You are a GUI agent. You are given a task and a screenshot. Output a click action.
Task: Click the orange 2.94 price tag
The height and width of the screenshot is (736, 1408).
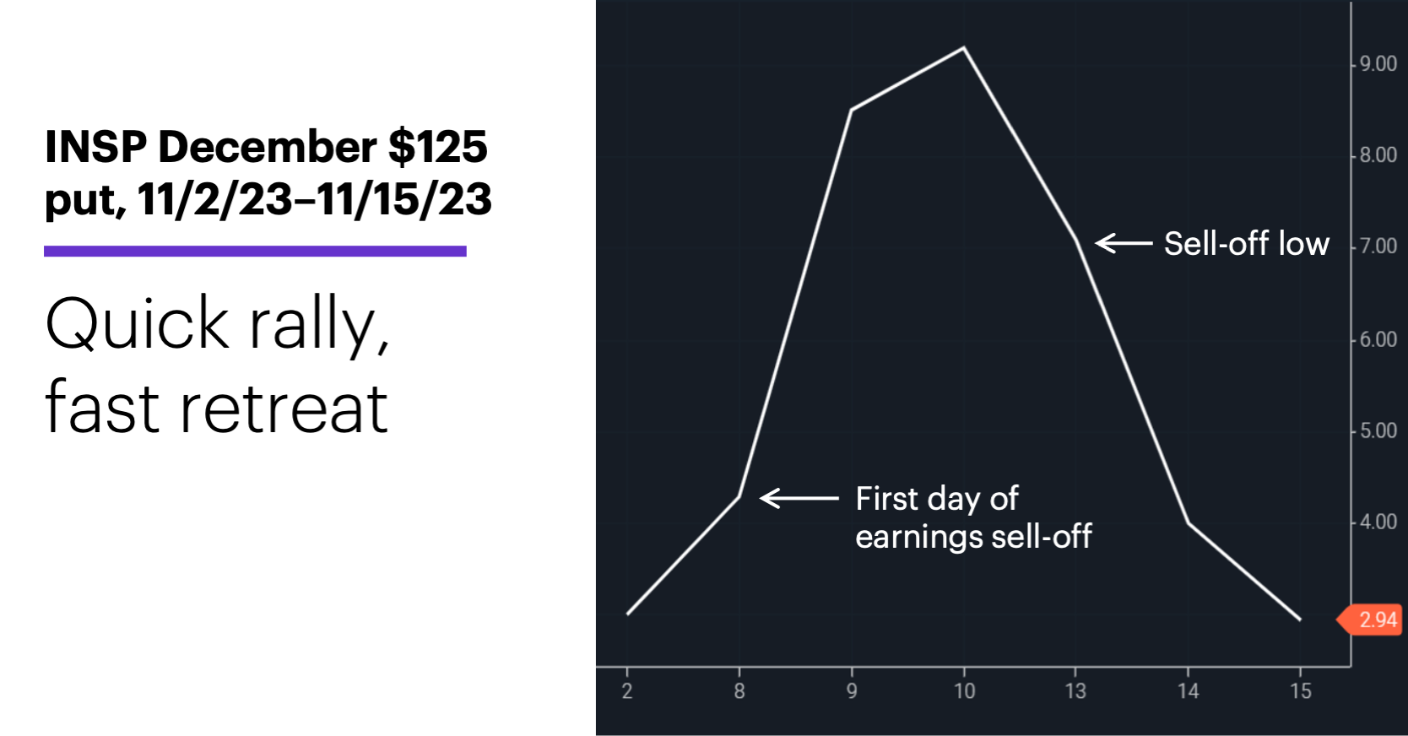(x=1370, y=620)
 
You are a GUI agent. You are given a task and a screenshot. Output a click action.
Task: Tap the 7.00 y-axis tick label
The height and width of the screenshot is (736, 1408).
(x=1378, y=246)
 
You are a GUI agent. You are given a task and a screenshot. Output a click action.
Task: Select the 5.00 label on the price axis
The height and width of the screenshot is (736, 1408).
(x=1378, y=430)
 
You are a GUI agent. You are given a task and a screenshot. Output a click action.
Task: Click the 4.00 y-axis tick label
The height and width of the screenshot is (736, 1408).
(x=1378, y=522)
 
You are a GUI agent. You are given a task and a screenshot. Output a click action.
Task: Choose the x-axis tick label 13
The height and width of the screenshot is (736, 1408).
(x=1075, y=690)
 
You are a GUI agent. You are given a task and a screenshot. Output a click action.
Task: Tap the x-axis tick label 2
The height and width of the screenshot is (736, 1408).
(x=626, y=690)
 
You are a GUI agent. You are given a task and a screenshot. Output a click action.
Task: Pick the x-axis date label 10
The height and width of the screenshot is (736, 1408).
(x=964, y=690)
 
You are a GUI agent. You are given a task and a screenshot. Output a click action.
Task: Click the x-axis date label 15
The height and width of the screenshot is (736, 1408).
(x=1301, y=690)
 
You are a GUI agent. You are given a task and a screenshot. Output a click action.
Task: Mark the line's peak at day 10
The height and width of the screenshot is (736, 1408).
(x=964, y=47)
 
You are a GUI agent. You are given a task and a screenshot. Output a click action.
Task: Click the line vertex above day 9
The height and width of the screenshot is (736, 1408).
(x=851, y=110)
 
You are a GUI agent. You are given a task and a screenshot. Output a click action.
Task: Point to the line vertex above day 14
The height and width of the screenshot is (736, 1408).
(x=1188, y=523)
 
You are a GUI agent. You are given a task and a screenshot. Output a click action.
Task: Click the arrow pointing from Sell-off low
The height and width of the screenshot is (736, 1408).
(x=1124, y=243)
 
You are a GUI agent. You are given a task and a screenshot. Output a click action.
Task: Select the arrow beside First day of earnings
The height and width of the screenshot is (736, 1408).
(x=799, y=498)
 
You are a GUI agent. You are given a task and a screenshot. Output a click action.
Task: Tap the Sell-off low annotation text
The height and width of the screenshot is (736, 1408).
(x=1247, y=243)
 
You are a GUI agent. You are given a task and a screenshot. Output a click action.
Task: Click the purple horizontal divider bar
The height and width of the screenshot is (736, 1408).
(x=255, y=252)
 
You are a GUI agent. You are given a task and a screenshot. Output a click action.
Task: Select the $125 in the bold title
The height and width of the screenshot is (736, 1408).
(x=437, y=147)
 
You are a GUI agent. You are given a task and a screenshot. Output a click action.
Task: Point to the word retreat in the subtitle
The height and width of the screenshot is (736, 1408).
(x=284, y=409)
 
